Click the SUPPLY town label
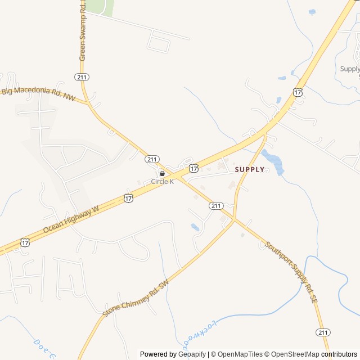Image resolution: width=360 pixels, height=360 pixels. [x=249, y=169]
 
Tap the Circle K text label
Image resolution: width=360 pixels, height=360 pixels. [x=162, y=182]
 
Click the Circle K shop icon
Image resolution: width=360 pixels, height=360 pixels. [x=162, y=174]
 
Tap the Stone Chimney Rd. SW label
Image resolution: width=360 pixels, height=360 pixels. [x=136, y=298]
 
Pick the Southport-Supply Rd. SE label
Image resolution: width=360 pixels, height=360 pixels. [x=291, y=273]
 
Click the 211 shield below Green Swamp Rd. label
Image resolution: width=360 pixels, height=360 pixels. [x=82, y=76]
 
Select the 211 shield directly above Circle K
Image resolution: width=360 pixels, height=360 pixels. [x=152, y=159]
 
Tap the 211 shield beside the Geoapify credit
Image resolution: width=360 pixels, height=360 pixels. [x=323, y=332]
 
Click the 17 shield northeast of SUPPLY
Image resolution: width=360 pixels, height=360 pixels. [x=298, y=91]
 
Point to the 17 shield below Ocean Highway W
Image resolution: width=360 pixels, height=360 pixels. [x=129, y=198]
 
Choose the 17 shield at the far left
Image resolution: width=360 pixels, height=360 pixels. [x=25, y=242]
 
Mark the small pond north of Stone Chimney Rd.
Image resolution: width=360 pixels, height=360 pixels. [x=195, y=227]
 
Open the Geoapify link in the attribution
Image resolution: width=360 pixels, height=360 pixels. [x=192, y=354]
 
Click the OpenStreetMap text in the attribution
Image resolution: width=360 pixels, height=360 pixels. [x=294, y=354]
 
